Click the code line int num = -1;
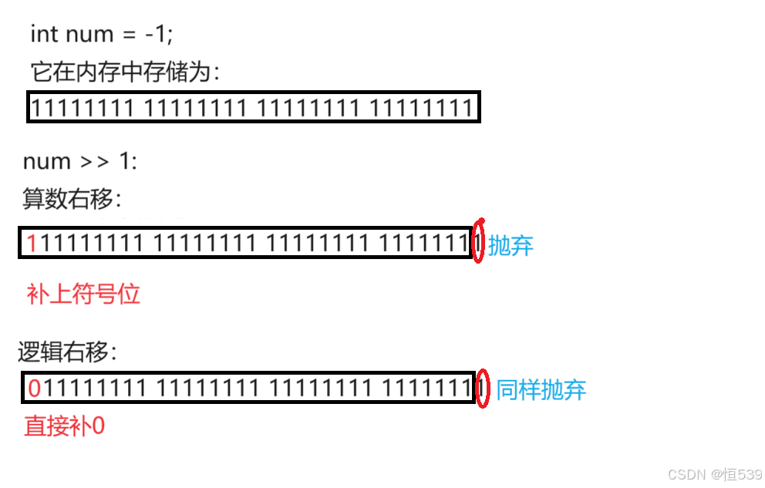click(102, 35)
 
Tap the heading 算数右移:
click(72, 199)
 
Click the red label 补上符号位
click(83, 294)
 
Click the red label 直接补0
click(65, 426)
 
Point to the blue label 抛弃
click(511, 246)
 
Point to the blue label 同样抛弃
click(541, 389)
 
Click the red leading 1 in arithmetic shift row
click(32, 244)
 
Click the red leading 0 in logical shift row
click(34, 389)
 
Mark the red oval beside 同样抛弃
click(482, 389)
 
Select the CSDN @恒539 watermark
click(714, 473)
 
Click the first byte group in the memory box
click(84, 109)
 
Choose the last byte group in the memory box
click(420, 109)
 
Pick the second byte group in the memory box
click(196, 109)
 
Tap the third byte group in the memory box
click(308, 109)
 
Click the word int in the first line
click(44, 35)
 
